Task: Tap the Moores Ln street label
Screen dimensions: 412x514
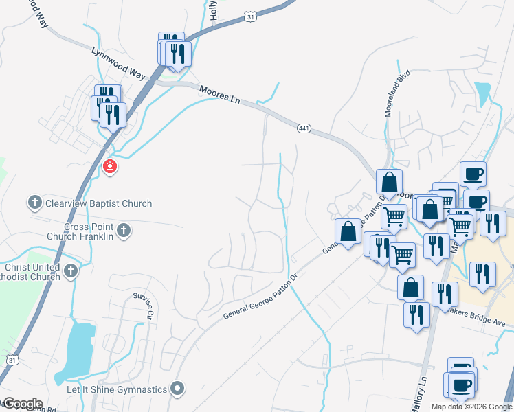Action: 220,94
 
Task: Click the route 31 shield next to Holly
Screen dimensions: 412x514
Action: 251,15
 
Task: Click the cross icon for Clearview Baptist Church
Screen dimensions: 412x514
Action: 35,203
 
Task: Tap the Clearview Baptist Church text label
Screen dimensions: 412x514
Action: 98,203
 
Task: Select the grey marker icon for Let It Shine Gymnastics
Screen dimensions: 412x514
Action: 178,389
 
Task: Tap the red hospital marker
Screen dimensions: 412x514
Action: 109,166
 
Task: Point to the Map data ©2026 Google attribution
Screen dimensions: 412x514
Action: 471,407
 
